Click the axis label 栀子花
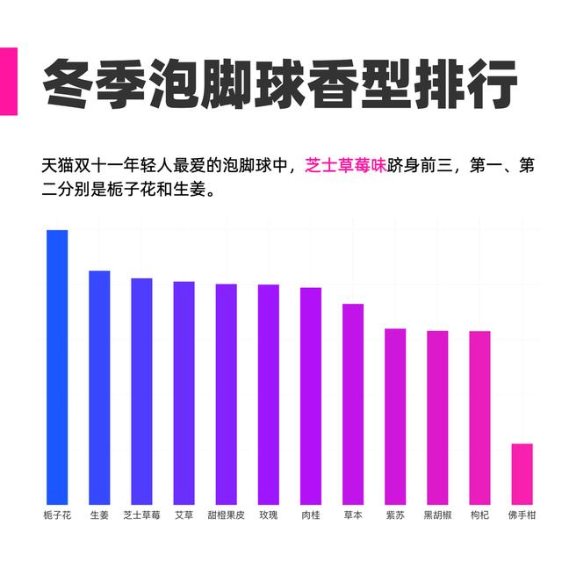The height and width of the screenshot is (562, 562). (x=57, y=515)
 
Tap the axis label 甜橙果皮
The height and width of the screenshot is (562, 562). (x=226, y=515)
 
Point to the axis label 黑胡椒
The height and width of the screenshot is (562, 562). (x=437, y=515)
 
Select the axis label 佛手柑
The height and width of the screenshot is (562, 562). (x=522, y=515)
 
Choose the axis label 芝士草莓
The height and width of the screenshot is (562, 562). (x=141, y=515)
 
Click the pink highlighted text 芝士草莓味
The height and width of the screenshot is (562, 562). (x=345, y=165)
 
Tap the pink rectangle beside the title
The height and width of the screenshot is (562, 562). (x=8, y=81)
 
